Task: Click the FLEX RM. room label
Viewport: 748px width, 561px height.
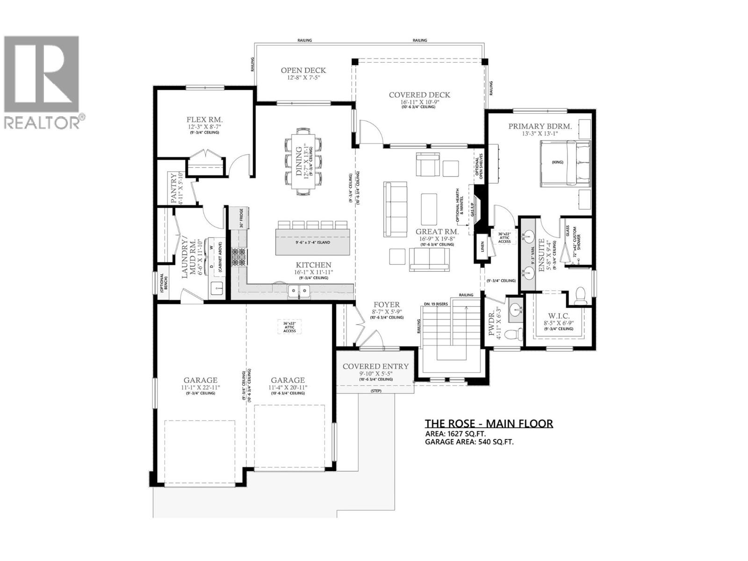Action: click(x=204, y=119)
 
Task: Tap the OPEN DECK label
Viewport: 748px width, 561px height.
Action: click(x=303, y=71)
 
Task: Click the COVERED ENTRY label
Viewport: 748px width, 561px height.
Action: click(x=375, y=367)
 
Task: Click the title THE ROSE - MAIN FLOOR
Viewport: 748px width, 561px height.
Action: click(x=489, y=424)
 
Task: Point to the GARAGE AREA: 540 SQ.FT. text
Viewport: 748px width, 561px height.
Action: click(x=469, y=441)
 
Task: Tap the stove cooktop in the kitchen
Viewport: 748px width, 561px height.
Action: click(x=238, y=257)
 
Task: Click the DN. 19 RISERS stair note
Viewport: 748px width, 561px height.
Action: click(x=435, y=304)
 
